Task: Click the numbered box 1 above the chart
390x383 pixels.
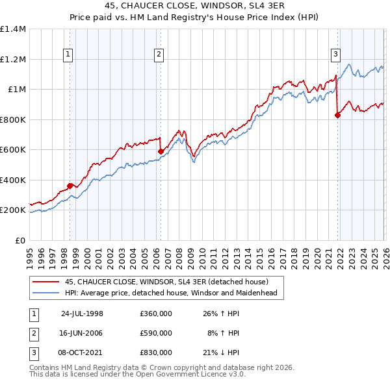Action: pyautogui.click(x=70, y=55)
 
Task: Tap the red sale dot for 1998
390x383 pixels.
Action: pyautogui.click(x=70, y=186)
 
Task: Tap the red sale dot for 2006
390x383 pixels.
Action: pyautogui.click(x=161, y=152)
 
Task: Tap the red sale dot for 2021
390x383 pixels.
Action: pyautogui.click(x=337, y=116)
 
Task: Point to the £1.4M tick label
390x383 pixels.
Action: pyautogui.click(x=13, y=29)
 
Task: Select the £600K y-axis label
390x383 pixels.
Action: pyautogui.click(x=13, y=150)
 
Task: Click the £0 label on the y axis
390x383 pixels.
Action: pyautogui.click(x=21, y=240)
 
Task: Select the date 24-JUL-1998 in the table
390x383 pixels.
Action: pyautogui.click(x=82, y=314)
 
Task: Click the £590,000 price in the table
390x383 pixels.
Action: pyautogui.click(x=156, y=333)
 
